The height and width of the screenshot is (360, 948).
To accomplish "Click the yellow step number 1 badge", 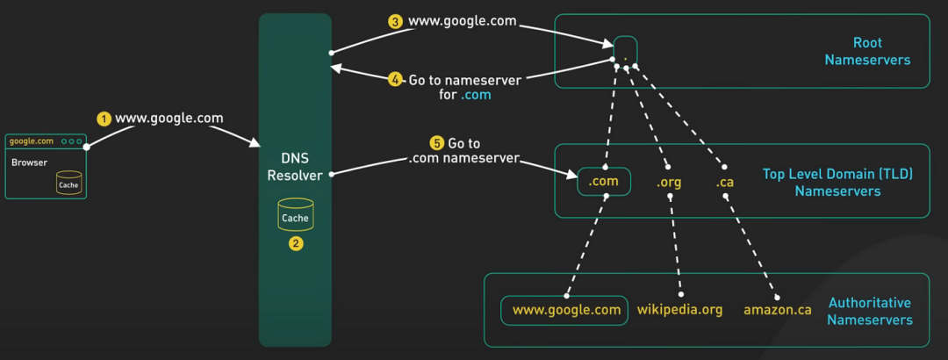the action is coord(104,119).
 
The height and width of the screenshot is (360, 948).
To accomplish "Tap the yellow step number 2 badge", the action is coord(295,244).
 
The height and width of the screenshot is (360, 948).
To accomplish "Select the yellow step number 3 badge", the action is coord(395,22).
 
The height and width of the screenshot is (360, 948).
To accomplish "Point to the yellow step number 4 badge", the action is coord(395,80).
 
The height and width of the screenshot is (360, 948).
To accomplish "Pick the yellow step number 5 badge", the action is coord(436,143).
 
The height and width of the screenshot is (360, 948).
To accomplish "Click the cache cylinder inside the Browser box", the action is coord(68,182).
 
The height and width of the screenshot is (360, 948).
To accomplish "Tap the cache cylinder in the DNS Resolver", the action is coord(295,214).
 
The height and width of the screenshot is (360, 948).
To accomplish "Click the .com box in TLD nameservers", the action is coord(603,181).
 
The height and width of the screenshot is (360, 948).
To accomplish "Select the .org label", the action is coord(669,182).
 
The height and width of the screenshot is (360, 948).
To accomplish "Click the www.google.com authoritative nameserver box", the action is coord(564,310).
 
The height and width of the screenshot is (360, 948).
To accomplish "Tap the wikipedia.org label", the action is coord(679,310).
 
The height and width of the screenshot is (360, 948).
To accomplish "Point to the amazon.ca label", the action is coord(777,310).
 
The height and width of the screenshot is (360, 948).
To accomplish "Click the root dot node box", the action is coord(626,49).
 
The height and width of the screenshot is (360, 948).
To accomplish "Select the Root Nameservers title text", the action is coord(867,52).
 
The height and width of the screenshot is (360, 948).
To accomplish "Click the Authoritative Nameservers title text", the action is coord(869,311).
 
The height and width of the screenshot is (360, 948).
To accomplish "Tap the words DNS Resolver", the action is coord(296,166).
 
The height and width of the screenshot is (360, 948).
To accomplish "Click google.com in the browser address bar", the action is coord(32,141).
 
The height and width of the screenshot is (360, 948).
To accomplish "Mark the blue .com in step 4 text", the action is coord(475,96).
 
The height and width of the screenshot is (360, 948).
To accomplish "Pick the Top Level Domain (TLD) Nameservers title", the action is coord(837,183).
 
